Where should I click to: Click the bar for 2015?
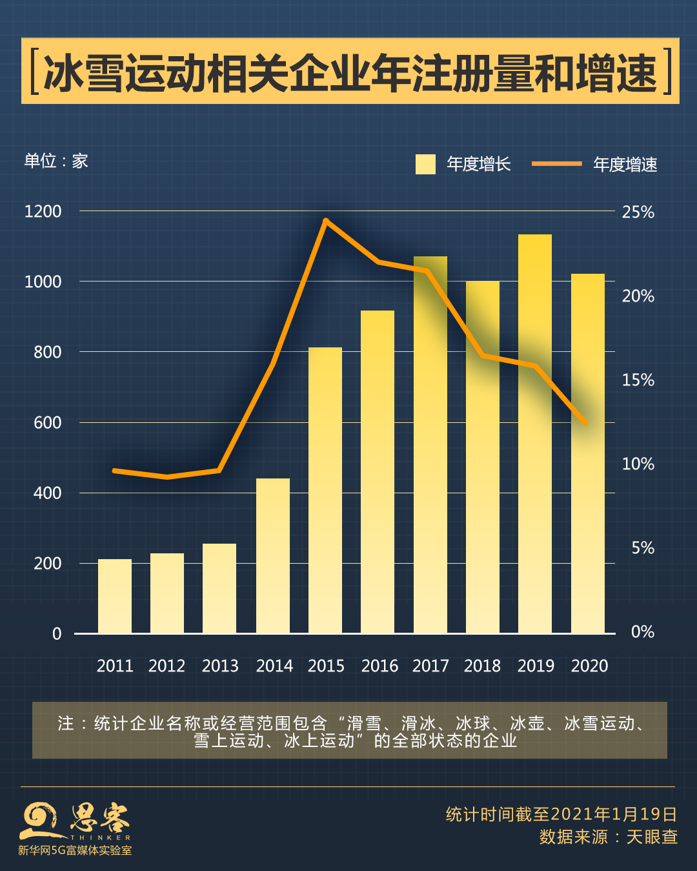pyautogui.click(x=325, y=491)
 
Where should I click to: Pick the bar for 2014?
pyautogui.click(x=273, y=556)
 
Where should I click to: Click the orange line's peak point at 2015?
pyautogui.click(x=326, y=221)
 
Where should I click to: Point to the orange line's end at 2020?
pyautogui.click(x=585, y=424)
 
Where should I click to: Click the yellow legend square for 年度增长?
pyautogui.click(x=425, y=164)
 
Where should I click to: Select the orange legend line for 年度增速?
pyautogui.click(x=556, y=164)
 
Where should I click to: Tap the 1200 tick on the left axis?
pyautogui.click(x=43, y=211)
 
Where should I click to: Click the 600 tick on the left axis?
pyautogui.click(x=47, y=422)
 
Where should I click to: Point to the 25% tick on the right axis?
pyautogui.click(x=638, y=212)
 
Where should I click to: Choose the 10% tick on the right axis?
pyautogui.click(x=638, y=464)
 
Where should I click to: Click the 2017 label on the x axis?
pyautogui.click(x=430, y=666)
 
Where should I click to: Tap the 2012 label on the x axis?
pyautogui.click(x=167, y=666)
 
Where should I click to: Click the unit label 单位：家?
pyautogui.click(x=56, y=161)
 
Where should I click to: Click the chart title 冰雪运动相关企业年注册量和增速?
pyautogui.click(x=350, y=72)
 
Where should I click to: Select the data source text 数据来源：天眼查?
pyautogui.click(x=608, y=837)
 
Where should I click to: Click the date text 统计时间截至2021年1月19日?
pyautogui.click(x=561, y=814)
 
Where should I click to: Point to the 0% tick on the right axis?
pyautogui.click(x=642, y=631)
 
